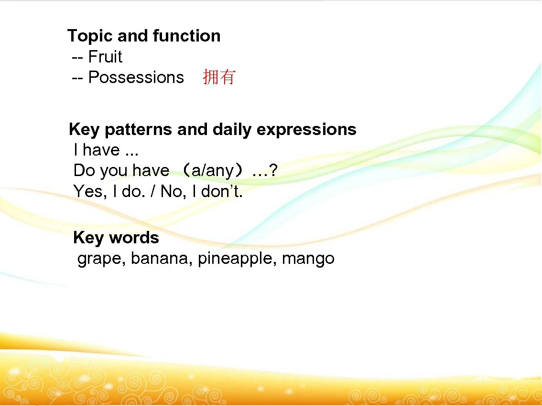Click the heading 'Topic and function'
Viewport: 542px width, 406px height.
tap(144, 36)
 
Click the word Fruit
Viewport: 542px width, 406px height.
tap(105, 57)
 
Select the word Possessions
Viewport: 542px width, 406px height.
tap(136, 77)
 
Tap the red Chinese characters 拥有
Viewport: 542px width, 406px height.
tap(219, 77)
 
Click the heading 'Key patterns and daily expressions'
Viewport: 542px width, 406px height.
tap(212, 129)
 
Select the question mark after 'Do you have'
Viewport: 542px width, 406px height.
tap(272, 171)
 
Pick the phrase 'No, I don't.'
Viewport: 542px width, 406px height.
tap(202, 191)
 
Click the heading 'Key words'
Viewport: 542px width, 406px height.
tap(116, 238)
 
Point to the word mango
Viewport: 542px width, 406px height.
tap(308, 259)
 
